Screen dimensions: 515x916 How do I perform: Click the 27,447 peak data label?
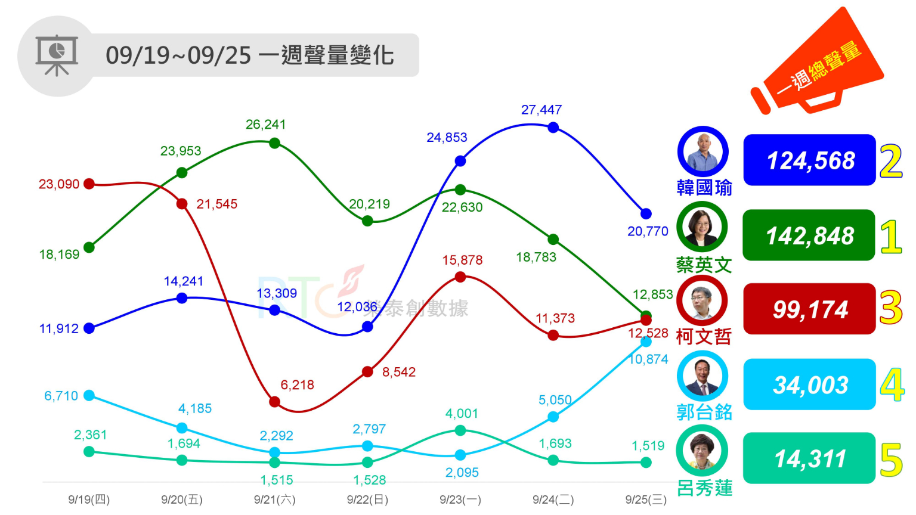tap(541, 110)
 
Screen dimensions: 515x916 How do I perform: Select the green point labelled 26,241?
tap(275, 143)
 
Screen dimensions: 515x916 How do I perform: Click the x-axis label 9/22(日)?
tap(367, 500)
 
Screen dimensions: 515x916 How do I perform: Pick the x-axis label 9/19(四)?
tap(89, 500)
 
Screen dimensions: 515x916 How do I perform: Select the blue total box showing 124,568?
tap(809, 160)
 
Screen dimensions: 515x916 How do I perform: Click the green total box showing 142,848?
tap(809, 235)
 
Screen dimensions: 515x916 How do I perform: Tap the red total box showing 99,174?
tap(809, 309)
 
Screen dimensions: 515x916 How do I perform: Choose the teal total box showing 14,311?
tap(809, 458)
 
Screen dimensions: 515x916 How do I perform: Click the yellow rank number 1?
tap(891, 236)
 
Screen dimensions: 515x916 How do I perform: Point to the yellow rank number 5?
tap(892, 460)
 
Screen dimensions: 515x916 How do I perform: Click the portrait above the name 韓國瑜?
tap(703, 152)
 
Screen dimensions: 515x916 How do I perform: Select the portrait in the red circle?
tap(703, 301)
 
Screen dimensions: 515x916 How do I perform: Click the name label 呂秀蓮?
tap(704, 488)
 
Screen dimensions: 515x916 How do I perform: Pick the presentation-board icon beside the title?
tap(57, 55)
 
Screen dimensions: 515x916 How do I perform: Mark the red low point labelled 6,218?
tap(275, 402)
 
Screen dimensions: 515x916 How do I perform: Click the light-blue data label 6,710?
tap(61, 396)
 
